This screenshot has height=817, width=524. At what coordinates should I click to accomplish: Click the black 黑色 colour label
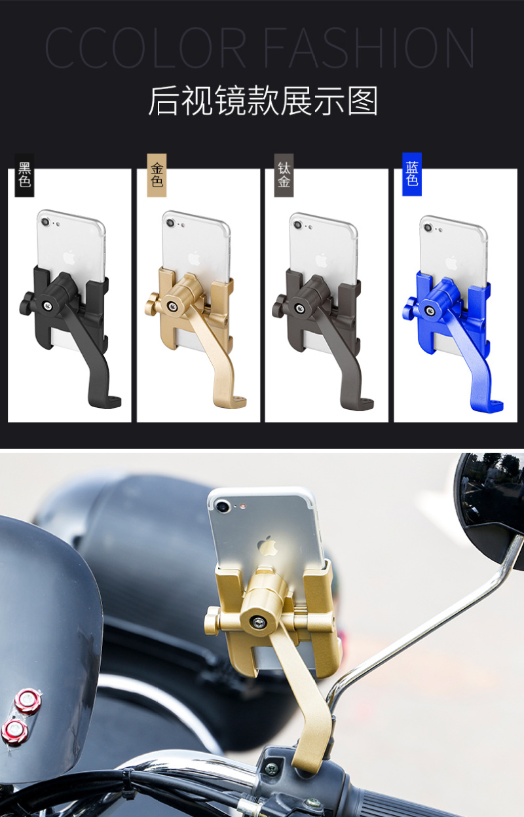24,175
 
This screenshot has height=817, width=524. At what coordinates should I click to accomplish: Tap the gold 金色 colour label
157,175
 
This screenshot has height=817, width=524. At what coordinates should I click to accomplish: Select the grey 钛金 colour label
284,175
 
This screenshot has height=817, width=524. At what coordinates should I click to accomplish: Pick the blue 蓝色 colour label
412,174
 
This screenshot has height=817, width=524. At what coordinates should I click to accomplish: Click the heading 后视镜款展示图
263,101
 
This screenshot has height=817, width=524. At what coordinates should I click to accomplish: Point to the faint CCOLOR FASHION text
259,47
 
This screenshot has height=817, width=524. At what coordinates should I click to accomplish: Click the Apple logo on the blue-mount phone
451,263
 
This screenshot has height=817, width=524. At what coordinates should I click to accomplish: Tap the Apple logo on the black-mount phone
69,257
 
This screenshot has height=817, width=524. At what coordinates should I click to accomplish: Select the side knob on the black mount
26,302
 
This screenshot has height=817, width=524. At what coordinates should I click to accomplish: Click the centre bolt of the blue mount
430,311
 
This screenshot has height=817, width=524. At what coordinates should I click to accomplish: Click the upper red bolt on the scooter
28,700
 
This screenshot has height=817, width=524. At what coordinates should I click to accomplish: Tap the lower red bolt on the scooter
14,732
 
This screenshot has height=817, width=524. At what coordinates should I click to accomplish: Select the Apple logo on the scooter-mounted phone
267,546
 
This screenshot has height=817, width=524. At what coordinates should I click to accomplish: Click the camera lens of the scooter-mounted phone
222,506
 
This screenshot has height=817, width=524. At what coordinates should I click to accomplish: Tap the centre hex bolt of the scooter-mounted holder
259,623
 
